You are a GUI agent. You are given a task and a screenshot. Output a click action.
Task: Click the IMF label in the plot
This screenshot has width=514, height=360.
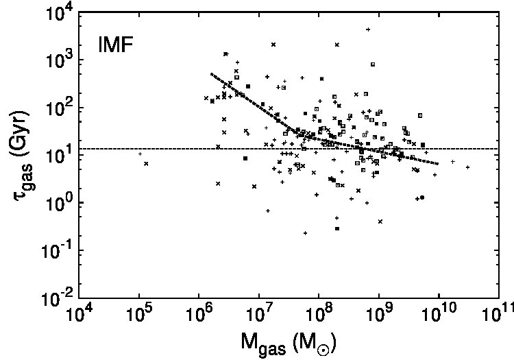[115, 45]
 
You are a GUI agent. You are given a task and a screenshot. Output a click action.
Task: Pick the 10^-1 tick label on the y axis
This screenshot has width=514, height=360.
[56, 252]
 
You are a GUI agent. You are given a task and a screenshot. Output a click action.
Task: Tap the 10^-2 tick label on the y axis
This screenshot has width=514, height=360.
[56, 298]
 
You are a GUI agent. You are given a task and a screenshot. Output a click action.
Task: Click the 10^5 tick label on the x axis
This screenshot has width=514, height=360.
[139, 314]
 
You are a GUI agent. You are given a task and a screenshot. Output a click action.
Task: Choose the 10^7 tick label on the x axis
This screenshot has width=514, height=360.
[259, 314]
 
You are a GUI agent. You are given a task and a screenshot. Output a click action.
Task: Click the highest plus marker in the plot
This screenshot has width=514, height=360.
[368, 29]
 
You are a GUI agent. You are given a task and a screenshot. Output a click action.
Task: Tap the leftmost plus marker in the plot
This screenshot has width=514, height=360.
[140, 154]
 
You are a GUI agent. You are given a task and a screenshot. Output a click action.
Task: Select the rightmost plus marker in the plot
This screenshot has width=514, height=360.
[468, 167]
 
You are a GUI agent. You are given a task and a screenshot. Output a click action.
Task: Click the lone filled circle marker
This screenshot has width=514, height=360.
[422, 197]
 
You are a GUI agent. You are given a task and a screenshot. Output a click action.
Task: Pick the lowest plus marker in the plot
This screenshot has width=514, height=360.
[305, 233]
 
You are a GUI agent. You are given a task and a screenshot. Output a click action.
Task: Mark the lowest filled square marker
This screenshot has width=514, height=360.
[337, 228]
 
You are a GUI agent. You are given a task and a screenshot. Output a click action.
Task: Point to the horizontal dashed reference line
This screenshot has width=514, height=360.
[289, 149]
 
